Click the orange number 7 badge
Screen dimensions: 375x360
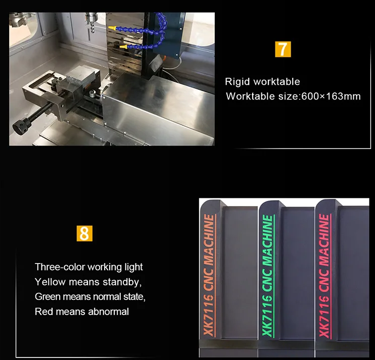point(283,49)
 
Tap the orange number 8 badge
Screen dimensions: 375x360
point(84,233)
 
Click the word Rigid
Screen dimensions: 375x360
point(238,82)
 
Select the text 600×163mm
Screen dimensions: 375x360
point(331,96)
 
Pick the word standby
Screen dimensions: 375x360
point(122,282)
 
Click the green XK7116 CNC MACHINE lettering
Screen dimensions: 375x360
point(268,276)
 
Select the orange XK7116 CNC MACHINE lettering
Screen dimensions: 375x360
point(209,276)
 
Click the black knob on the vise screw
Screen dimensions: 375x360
point(22,125)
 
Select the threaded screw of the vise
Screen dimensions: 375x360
point(44,109)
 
